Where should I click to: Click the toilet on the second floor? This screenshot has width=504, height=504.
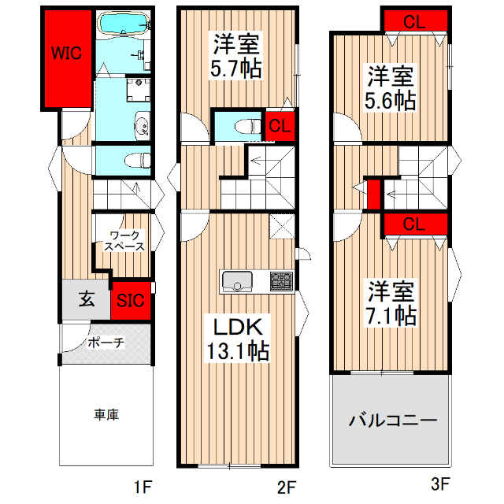point(246,126)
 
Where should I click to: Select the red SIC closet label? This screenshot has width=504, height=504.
point(130,300)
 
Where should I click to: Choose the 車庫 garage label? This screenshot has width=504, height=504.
point(106,415)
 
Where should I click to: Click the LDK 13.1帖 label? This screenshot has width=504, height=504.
point(237,338)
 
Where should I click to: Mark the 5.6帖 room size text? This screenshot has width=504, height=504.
point(390,101)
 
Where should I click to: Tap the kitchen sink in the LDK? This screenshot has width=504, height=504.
point(236,280)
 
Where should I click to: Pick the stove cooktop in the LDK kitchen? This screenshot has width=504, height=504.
point(280,280)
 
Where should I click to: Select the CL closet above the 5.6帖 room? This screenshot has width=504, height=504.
point(415,22)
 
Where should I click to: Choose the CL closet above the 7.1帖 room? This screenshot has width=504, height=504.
point(415,224)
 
